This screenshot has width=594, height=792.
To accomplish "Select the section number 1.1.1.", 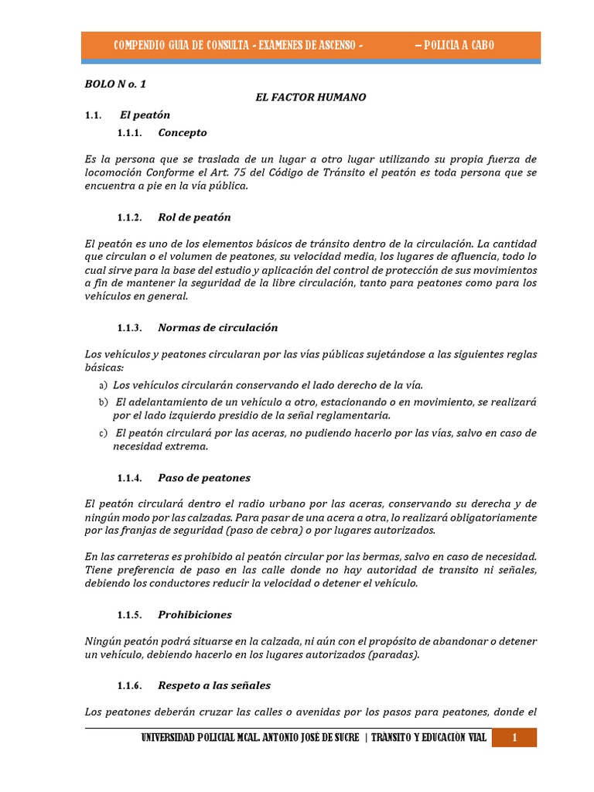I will [130, 133].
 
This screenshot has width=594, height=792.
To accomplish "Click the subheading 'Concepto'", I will [183, 133].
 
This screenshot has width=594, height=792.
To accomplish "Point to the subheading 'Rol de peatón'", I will [194, 217].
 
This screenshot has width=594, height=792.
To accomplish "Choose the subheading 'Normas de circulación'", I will [217, 328].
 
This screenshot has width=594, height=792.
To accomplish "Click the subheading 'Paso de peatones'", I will [204, 478].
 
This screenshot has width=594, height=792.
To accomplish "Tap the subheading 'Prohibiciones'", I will [195, 615].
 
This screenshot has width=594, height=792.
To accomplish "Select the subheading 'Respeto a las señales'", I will [214, 685].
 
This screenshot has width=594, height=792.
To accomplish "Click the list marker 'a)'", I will [103, 385].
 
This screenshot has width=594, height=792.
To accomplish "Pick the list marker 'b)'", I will [103, 403].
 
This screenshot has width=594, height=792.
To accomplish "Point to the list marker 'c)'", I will [103, 434].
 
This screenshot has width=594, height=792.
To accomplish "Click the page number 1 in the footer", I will [514, 738].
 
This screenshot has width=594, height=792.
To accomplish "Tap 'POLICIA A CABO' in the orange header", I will [454, 46].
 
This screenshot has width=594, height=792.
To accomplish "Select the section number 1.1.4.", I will [130, 478].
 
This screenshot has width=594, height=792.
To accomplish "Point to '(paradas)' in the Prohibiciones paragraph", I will [394, 655].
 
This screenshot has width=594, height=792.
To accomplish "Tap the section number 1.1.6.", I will [130, 685].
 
